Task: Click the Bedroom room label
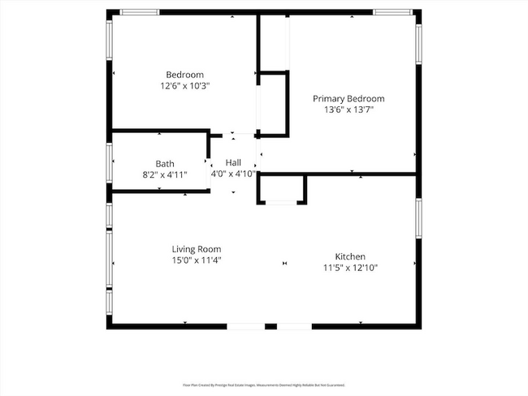tap(184, 75)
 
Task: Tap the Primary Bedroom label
tap(348, 98)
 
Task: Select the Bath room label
tap(165, 163)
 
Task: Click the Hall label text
tap(233, 162)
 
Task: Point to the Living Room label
tap(196, 249)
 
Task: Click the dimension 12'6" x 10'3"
tap(184, 85)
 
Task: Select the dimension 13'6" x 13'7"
tap(348, 109)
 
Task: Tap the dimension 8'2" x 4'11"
tap(165, 174)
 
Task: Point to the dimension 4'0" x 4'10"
tap(233, 173)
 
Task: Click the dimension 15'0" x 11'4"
tap(196, 260)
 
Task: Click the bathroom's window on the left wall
tap(110, 161)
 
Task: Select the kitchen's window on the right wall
tap(418, 222)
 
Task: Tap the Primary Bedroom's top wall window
tap(393, 12)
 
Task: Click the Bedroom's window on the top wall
tap(139, 12)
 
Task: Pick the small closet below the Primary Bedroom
tap(282, 189)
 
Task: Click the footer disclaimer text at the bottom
tap(264, 385)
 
